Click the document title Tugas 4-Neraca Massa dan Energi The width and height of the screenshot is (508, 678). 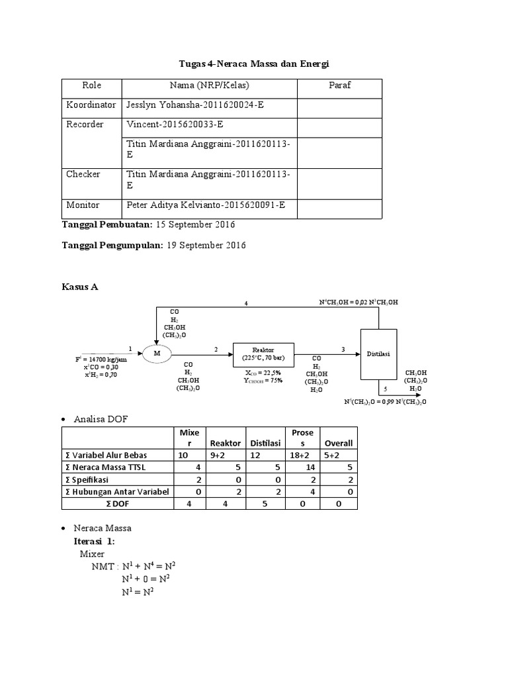pos(254,64)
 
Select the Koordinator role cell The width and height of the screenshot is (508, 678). pos(91,105)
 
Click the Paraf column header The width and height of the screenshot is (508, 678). pos(339,85)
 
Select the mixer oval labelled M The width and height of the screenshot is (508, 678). pos(157,354)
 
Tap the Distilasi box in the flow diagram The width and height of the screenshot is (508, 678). pos(378,354)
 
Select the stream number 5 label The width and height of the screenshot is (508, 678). pos(377,389)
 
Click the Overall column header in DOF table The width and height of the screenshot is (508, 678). pos(338,443)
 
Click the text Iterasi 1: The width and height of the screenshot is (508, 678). pos(98,541)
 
